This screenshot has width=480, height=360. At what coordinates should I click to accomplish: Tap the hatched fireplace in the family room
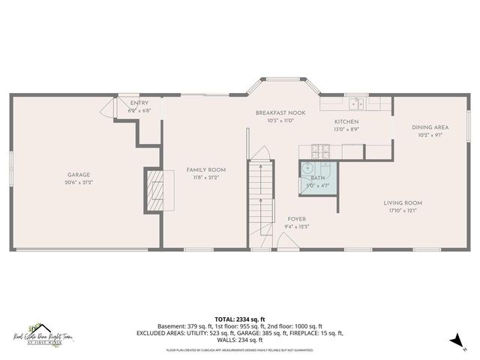point(154,192)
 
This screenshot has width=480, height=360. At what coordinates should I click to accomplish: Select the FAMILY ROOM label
point(205,170)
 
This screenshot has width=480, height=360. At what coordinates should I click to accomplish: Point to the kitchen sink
point(354,104)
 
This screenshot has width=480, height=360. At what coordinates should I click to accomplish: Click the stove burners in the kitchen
point(320,151)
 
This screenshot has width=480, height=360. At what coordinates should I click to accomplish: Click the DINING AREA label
point(430,127)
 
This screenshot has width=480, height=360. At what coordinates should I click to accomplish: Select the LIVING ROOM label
point(403,202)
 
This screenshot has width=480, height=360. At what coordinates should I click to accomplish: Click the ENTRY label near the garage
point(139,103)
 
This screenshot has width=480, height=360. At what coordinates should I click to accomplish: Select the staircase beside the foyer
point(259,195)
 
